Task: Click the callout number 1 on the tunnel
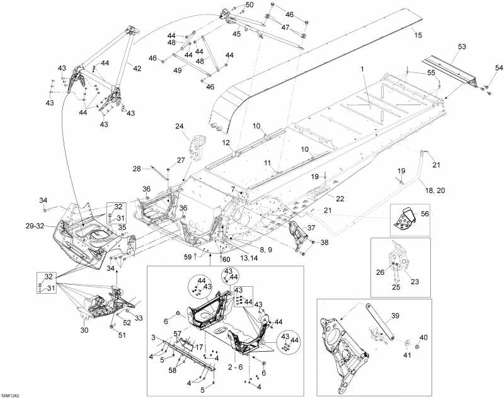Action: tap(362, 67)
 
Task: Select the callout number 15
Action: tap(418, 35)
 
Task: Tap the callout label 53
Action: tap(462, 47)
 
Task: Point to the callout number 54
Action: tap(499, 67)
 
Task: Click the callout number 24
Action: tap(179, 126)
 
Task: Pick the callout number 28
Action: tap(137, 168)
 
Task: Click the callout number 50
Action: tap(249, 5)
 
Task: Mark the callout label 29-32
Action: tap(35, 225)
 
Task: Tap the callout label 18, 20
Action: tap(434, 190)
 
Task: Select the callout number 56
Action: tap(424, 214)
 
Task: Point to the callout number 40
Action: tap(423, 338)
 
